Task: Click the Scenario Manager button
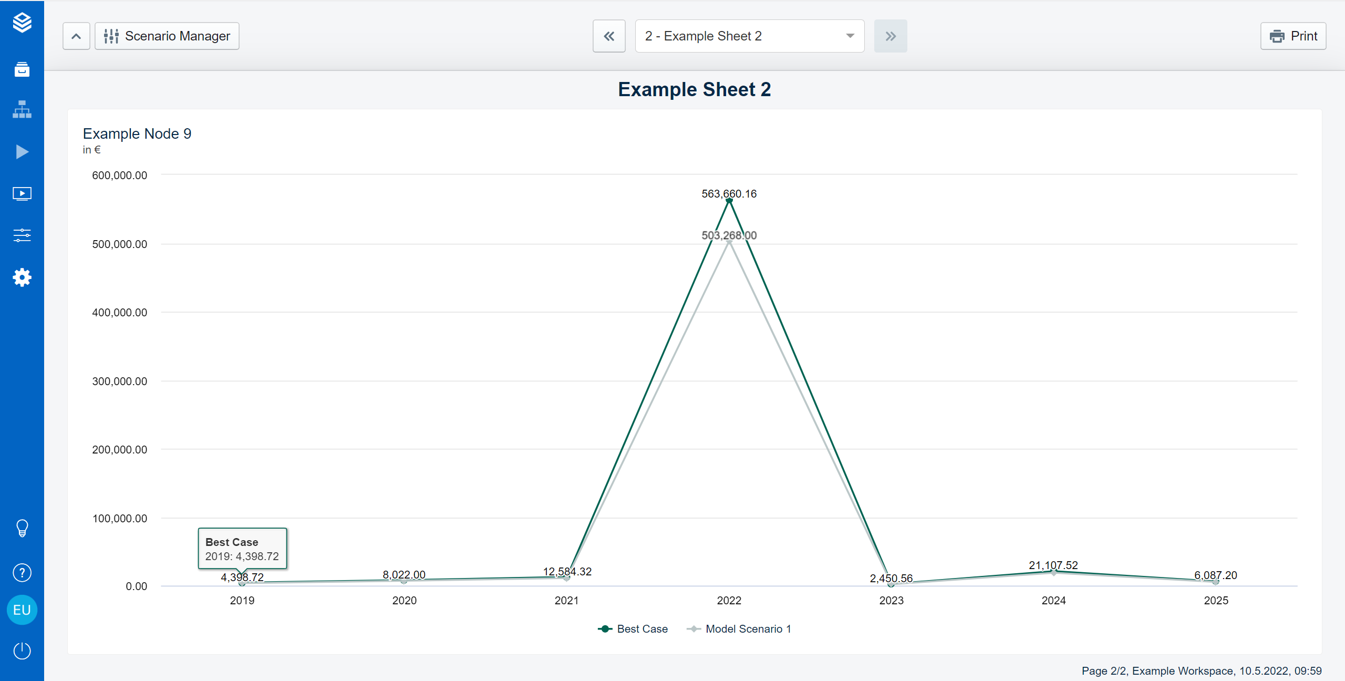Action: pos(167,36)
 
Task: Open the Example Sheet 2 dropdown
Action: pos(749,36)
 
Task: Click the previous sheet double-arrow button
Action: pos(609,36)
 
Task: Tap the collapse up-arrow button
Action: pos(76,36)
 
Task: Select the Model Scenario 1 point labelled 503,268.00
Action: pos(729,242)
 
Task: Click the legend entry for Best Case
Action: pos(633,629)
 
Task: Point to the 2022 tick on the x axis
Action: pos(729,601)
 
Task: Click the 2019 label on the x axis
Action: pos(242,601)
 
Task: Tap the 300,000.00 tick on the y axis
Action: pos(120,381)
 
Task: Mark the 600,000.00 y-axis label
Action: pos(120,176)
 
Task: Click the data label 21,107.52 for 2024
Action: pos(1053,565)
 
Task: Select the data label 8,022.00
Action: pos(404,575)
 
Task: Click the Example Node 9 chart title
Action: pos(137,134)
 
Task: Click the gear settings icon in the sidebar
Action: pos(22,277)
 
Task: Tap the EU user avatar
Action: pos(22,610)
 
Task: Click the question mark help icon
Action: pos(22,573)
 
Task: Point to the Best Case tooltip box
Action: pos(242,549)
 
